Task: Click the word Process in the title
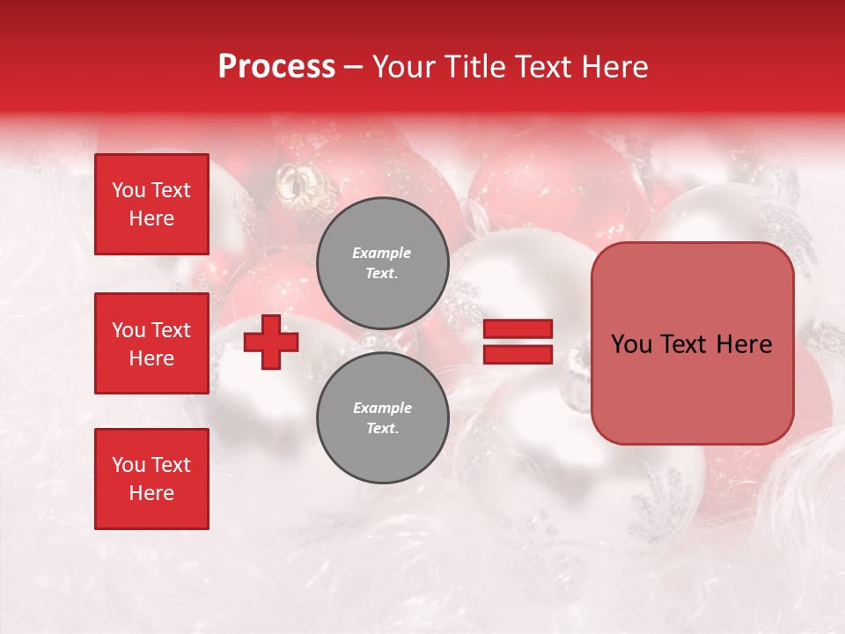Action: [x=276, y=67]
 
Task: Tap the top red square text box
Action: [x=151, y=204]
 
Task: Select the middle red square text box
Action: [x=151, y=343]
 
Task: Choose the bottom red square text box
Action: [x=151, y=478]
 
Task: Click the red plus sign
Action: [x=271, y=343]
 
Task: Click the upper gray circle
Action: [x=382, y=262]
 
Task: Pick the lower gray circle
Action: [x=382, y=417]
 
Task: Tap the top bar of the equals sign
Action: [x=518, y=329]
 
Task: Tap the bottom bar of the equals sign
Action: [x=518, y=354]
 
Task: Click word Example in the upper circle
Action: [x=381, y=253]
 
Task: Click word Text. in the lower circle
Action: [x=381, y=429]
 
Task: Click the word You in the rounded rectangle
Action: [x=631, y=344]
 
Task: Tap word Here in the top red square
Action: [x=151, y=218]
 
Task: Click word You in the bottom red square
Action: [x=129, y=465]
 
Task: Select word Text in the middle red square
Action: [x=171, y=330]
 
